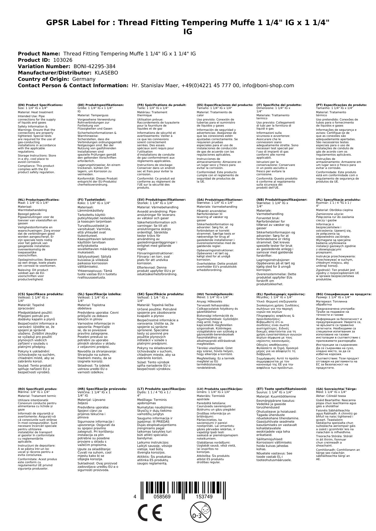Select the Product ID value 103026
pyautogui.click(x=63, y=60)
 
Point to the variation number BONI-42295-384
pyautogui.click(x=95, y=67)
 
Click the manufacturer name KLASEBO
pyautogui.click(x=106, y=73)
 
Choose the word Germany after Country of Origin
pyautogui.click(x=84, y=79)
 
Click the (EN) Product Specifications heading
pyautogui.click(x=40, y=105)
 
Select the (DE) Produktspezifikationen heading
pyautogui.click(x=101, y=105)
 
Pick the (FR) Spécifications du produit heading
pyautogui.click(x=161, y=105)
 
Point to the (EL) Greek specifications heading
pyautogui.click(x=281, y=294)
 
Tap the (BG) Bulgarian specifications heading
pyautogui.click(x=344, y=294)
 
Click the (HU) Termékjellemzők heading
pyautogui.click(x=215, y=294)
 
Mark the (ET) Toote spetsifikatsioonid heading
pyautogui.click(x=281, y=389)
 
